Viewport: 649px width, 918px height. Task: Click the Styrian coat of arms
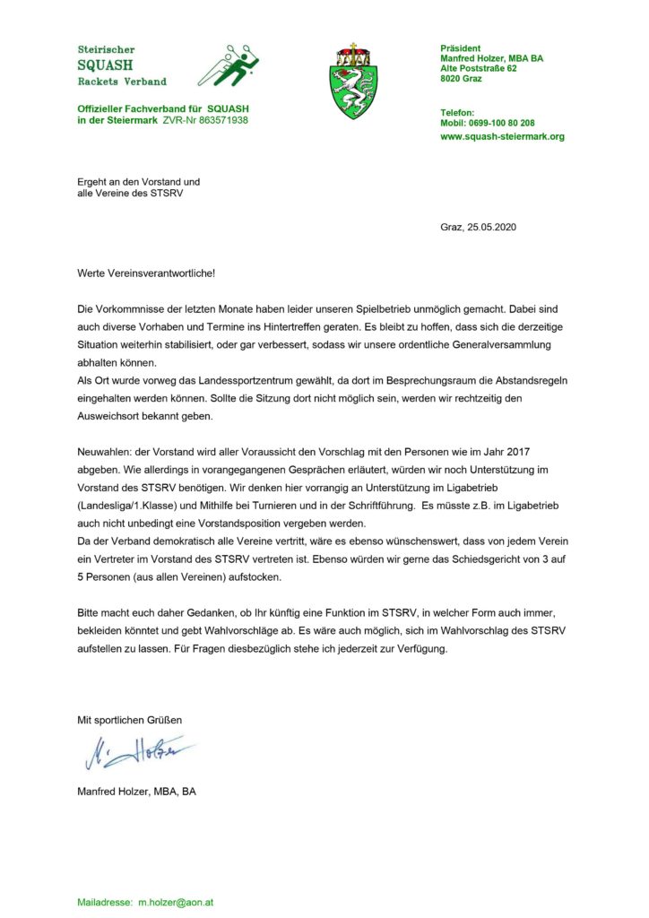coord(353,81)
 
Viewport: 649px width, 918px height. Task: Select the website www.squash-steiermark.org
coord(502,137)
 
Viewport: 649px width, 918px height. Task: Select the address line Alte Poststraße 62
coord(479,68)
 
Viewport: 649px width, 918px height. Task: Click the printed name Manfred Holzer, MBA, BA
coord(136,792)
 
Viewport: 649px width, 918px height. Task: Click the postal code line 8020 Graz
coord(462,79)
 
